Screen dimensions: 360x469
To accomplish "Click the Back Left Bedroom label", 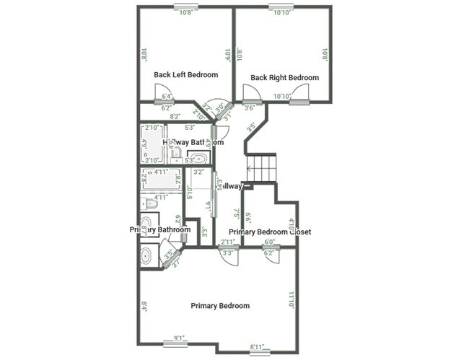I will tap(186, 74).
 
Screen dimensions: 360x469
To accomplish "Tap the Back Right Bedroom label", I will tap(284, 77).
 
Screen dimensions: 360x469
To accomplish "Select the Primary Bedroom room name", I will tap(220, 306).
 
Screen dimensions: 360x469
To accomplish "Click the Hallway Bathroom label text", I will tap(188, 142).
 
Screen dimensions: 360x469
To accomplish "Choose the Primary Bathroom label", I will tap(160, 229).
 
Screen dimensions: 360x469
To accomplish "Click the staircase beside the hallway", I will tap(262, 168).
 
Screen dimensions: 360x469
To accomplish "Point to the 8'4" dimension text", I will tap(144, 306).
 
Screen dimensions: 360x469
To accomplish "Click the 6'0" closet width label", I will tap(271, 242).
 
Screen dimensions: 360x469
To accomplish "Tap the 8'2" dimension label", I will tap(174, 115).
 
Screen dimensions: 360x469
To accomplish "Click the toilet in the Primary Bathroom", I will tap(145, 203).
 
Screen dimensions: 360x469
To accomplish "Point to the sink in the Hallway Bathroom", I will tap(197, 159).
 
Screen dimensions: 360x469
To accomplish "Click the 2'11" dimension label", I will tap(228, 242).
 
